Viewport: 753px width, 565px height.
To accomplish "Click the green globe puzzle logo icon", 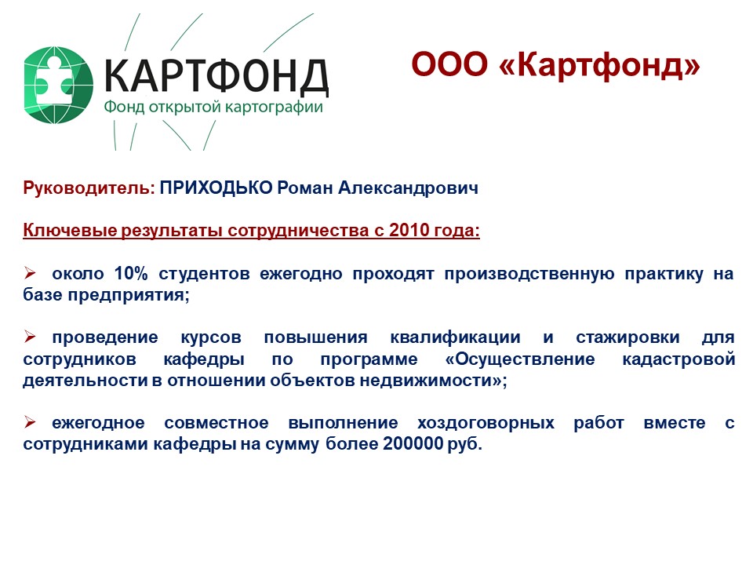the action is pos(58,85).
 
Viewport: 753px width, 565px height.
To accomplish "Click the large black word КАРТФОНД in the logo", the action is pos(216,76).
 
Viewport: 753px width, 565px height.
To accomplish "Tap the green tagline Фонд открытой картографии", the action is pos(213,107).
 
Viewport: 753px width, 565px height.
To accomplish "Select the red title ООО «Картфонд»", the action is pos(555,64).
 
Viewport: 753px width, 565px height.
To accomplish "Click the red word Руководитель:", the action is pos(89,188).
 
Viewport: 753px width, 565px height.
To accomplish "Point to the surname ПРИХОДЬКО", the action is pos(216,188).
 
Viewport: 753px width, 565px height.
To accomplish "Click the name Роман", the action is pos(305,188).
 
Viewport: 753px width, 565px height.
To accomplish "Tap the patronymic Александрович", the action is pos(408,188).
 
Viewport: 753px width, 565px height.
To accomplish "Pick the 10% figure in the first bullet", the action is pos(131,273).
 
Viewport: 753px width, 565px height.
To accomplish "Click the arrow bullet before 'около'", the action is pos(30,273).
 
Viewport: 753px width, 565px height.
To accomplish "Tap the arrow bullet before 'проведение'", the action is pos(30,337).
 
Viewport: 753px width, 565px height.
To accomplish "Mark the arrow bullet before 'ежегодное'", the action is pos(30,423).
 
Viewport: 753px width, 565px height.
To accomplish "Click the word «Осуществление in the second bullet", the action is pos(520,359).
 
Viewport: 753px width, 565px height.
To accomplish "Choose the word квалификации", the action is pos(455,337).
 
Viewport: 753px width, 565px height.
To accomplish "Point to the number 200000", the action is pos(413,443).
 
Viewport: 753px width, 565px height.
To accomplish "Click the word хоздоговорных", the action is pos(486,423).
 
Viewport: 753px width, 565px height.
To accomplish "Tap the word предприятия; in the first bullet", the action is pos(129,295).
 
